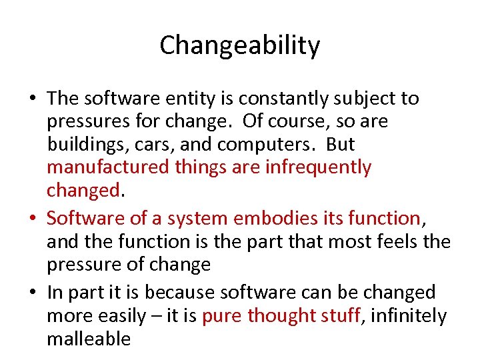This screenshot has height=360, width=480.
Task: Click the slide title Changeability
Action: (240, 45)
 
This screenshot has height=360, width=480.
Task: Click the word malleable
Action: (89, 339)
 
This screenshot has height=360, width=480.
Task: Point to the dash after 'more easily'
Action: (155, 316)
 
